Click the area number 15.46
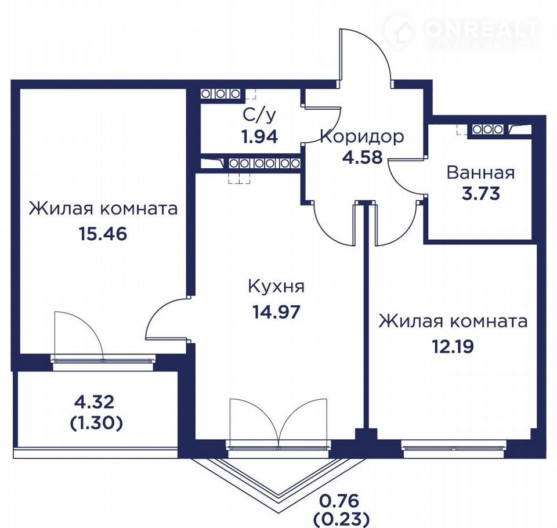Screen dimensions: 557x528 pos(103,234)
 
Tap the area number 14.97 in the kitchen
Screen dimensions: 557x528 pos(276,312)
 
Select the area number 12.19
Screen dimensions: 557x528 pos(453,346)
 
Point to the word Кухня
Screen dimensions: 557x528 pos(276,287)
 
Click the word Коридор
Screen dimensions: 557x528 pos(362,136)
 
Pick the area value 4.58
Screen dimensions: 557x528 pos(362,157)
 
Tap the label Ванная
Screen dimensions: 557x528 pos(480,173)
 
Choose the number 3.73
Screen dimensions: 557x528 pos(480,193)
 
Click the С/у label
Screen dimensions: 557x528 pos(259,114)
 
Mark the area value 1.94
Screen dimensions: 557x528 pos(259,136)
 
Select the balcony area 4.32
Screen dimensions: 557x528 pos(94,402)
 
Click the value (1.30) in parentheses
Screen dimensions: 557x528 pos(96,423)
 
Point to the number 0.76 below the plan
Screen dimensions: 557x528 pos(339,501)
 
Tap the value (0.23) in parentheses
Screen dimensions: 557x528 pos(341,520)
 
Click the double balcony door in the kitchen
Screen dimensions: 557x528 pos(278,423)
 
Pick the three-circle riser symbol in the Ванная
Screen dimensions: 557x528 pos(487,130)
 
